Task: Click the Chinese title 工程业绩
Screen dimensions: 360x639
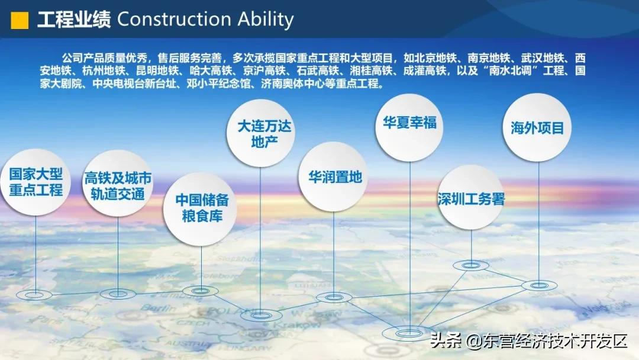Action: [73, 19]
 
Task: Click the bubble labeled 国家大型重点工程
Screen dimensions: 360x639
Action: [35, 182]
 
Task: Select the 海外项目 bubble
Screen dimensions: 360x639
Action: [537, 127]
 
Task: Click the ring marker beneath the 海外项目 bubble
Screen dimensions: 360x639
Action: [539, 285]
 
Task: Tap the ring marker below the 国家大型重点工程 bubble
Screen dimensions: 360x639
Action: [34, 294]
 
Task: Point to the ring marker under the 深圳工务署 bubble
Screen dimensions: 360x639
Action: [471, 265]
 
